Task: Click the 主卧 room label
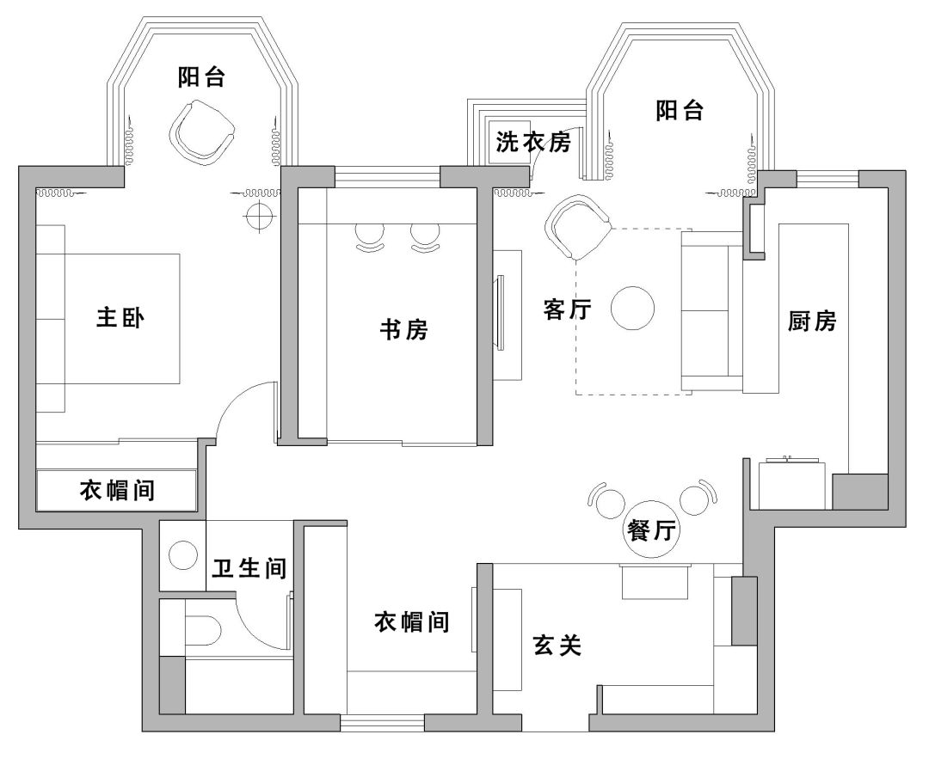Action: tap(120, 318)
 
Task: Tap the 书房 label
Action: tap(404, 329)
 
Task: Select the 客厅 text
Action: tap(568, 309)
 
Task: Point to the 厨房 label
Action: tap(812, 321)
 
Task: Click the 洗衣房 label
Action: tap(533, 142)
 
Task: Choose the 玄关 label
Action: tap(557, 645)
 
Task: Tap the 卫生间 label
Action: tap(249, 568)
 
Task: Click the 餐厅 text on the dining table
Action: tap(651, 530)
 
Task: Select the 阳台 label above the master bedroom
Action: tap(201, 77)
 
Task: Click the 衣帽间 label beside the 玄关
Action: tap(412, 622)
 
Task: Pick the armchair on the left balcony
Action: tap(202, 131)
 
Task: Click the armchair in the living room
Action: tap(578, 227)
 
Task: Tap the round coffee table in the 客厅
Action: tap(633, 308)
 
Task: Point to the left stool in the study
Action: tap(370, 239)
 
